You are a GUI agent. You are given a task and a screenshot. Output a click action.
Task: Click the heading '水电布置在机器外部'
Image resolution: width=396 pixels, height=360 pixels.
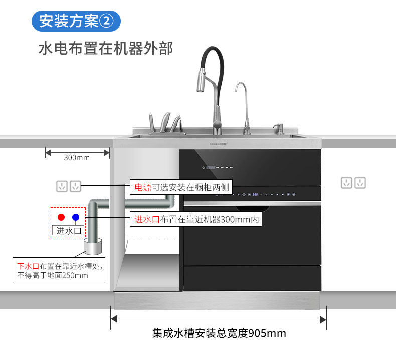tap(105, 49)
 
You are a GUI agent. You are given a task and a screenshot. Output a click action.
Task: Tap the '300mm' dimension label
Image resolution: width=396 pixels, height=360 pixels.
tap(77, 157)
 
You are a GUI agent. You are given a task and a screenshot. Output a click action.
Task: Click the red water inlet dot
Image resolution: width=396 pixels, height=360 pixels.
tap(61, 217)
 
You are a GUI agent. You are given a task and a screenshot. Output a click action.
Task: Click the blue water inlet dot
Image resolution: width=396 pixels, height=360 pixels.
tap(76, 217)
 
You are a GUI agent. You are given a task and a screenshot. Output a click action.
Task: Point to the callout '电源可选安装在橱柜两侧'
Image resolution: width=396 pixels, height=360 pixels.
tap(180, 188)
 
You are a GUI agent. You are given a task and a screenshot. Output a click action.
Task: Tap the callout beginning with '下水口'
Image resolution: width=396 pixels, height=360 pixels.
tap(59, 271)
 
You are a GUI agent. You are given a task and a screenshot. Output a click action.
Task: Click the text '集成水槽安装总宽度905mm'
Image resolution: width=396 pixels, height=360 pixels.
tap(219, 333)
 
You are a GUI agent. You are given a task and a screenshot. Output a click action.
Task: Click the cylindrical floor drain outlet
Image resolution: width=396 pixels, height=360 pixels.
tap(92, 247)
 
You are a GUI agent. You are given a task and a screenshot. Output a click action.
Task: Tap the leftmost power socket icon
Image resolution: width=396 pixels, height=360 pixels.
tap(62, 186)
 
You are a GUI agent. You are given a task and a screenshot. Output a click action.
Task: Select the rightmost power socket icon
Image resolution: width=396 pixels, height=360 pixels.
tap(360, 183)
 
